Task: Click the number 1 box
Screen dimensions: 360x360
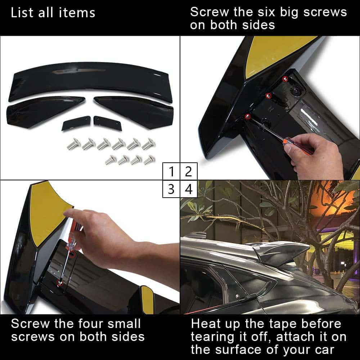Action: tap(171, 171)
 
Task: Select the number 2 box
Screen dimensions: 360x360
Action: tap(189, 171)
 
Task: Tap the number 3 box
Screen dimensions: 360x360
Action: tap(171, 189)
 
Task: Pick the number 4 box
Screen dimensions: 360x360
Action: tap(189, 189)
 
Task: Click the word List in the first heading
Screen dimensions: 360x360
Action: tap(22, 13)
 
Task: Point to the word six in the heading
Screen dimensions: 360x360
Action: tap(266, 12)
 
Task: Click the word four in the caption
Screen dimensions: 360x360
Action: tap(91, 324)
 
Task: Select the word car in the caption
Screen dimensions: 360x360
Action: tap(324, 350)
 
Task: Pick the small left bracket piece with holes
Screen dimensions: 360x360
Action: tap(76, 123)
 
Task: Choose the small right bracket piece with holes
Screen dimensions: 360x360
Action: tap(107, 123)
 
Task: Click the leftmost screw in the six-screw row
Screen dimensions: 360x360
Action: tap(73, 144)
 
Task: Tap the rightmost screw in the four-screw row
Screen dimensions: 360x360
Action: tap(149, 160)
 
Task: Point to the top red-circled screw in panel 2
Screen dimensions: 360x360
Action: tap(285, 79)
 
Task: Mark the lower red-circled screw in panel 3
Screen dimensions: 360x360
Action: tap(60, 283)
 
